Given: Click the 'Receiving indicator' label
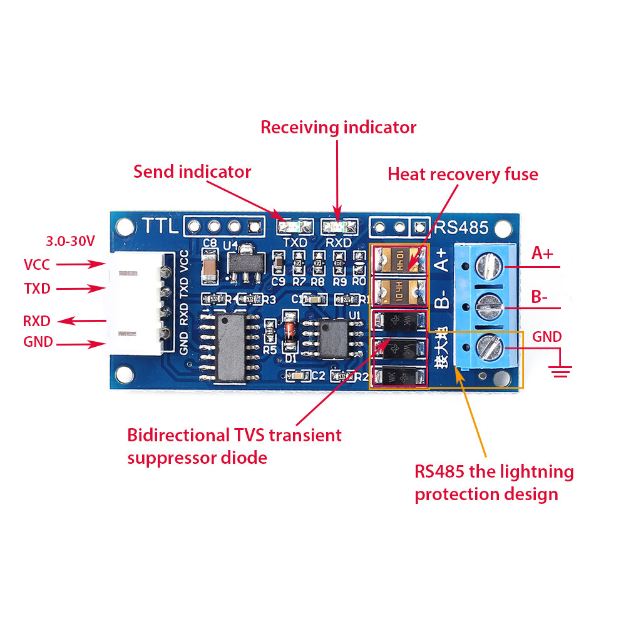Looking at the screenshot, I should pyautogui.click(x=338, y=127).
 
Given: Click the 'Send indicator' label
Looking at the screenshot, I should pyautogui.click(x=192, y=172).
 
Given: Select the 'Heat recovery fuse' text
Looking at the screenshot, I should pyautogui.click(x=463, y=173).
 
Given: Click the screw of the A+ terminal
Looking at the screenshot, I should pyautogui.click(x=490, y=266).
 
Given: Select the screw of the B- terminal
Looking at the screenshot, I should pyautogui.click(x=490, y=307).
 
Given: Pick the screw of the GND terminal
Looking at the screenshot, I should pyautogui.click(x=490, y=346).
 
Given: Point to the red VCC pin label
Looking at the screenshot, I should pyautogui.click(x=37, y=264).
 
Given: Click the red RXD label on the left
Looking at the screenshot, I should pyautogui.click(x=36, y=321).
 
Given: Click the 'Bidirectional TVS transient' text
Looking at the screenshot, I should pyautogui.click(x=234, y=435).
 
